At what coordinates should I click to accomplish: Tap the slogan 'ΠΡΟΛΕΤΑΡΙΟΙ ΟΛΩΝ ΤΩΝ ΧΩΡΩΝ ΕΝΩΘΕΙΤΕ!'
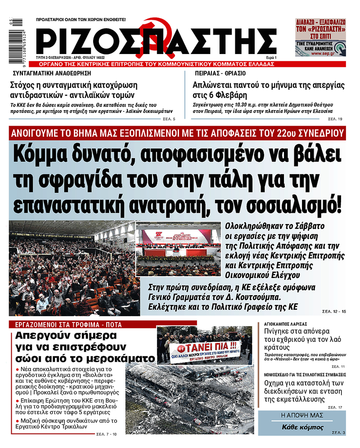click(x=81, y=20)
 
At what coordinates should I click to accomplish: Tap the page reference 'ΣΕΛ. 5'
click(x=169, y=119)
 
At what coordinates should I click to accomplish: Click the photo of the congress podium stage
click(x=178, y=252)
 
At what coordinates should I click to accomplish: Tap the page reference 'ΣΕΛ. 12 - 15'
click(x=335, y=311)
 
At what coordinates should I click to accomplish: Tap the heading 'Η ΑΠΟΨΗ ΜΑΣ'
click(x=302, y=416)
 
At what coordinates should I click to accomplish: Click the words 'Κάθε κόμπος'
click(x=302, y=427)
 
